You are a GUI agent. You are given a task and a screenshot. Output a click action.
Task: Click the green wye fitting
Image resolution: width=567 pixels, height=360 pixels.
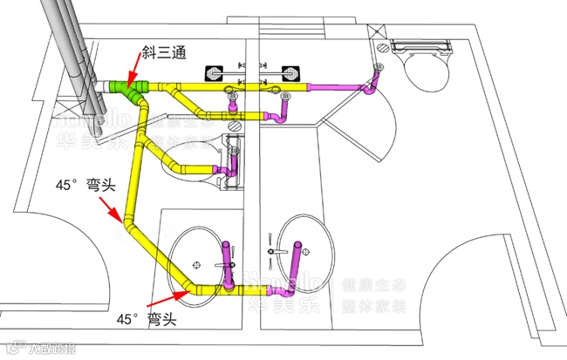(x=131, y=90)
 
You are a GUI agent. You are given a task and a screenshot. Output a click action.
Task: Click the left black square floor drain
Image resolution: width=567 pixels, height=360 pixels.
(x=215, y=72)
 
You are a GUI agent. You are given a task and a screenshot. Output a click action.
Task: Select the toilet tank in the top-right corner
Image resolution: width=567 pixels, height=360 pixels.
(x=418, y=44)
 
